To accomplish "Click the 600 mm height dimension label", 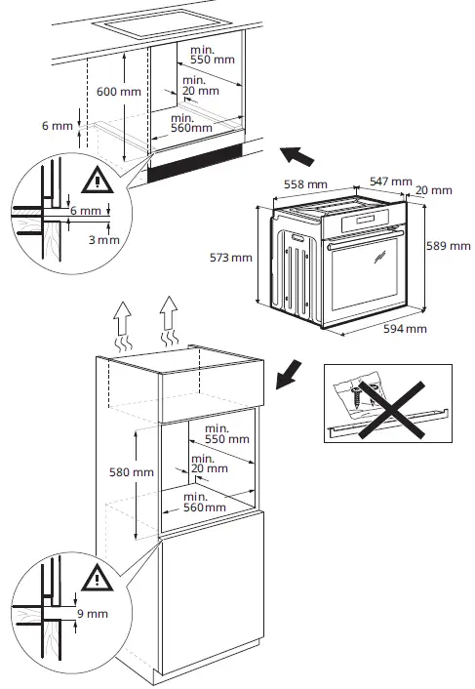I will [120, 91].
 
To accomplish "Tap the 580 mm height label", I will [131, 471].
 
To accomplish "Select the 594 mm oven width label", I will [405, 329].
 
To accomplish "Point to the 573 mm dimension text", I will [230, 258].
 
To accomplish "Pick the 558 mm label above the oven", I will [304, 183].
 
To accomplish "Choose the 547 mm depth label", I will [389, 182].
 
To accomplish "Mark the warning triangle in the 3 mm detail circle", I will [97, 180].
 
